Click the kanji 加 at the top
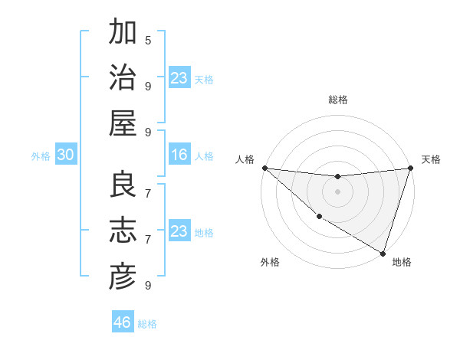(123, 33)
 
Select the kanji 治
(123, 78)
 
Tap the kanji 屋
(123, 123)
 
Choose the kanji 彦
(123, 277)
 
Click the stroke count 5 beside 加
(148, 40)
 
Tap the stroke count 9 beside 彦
(148, 285)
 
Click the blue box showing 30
(66, 155)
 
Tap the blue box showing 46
(123, 322)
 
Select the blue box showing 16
(179, 155)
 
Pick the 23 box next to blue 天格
(179, 78)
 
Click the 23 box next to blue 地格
(179, 231)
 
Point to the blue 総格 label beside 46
(147, 324)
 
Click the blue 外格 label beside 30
(41, 156)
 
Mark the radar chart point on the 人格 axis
(264, 168)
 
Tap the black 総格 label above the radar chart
(338, 100)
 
